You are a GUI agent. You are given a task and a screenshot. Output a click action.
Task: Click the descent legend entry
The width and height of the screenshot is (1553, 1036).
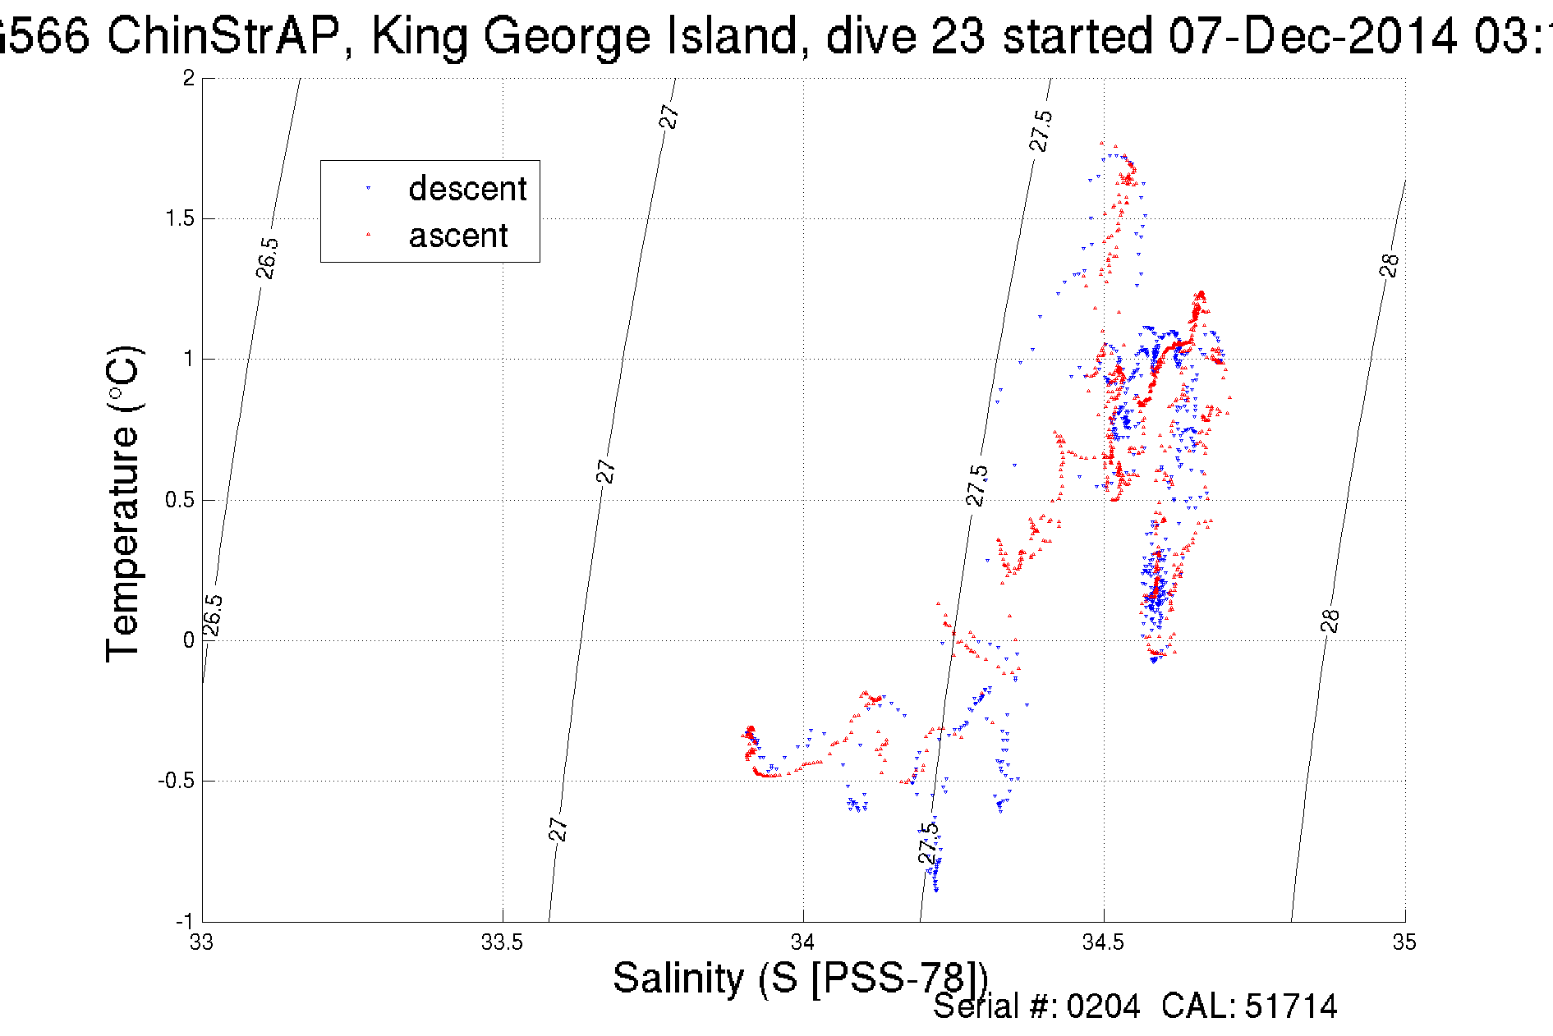[466, 189]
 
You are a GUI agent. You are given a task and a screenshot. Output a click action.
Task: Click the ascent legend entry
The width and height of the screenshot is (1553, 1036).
[457, 236]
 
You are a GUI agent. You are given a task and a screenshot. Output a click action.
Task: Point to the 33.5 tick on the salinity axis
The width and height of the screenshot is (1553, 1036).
[502, 942]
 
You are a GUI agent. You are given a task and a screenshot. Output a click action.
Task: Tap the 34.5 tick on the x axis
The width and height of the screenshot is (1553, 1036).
[1104, 942]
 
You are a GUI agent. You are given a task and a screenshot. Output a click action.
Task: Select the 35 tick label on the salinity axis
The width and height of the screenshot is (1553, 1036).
[1404, 942]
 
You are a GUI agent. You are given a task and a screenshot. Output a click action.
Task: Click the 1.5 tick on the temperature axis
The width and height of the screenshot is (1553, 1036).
[179, 218]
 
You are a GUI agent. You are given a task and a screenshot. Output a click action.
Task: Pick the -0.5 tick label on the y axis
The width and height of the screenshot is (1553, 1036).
[176, 781]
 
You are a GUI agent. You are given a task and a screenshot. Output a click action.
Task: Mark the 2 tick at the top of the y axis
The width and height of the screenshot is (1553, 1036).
[189, 78]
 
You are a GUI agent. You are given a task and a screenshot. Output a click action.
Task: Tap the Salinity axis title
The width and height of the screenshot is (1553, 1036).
[799, 979]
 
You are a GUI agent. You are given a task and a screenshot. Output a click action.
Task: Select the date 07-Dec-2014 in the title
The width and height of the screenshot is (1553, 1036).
[1313, 37]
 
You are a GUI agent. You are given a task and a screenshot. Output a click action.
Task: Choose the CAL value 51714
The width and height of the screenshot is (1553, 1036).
[1291, 1006]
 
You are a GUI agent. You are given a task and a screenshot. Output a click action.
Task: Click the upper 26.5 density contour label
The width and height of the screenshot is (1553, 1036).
[267, 258]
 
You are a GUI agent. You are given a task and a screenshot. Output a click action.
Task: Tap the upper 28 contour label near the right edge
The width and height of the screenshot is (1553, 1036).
[1389, 265]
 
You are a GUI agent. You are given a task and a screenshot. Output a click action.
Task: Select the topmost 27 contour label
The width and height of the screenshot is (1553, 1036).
[669, 117]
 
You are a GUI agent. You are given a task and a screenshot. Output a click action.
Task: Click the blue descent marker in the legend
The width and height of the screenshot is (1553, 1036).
[368, 189]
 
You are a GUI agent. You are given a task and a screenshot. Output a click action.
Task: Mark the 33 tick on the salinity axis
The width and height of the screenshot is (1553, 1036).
[201, 942]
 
